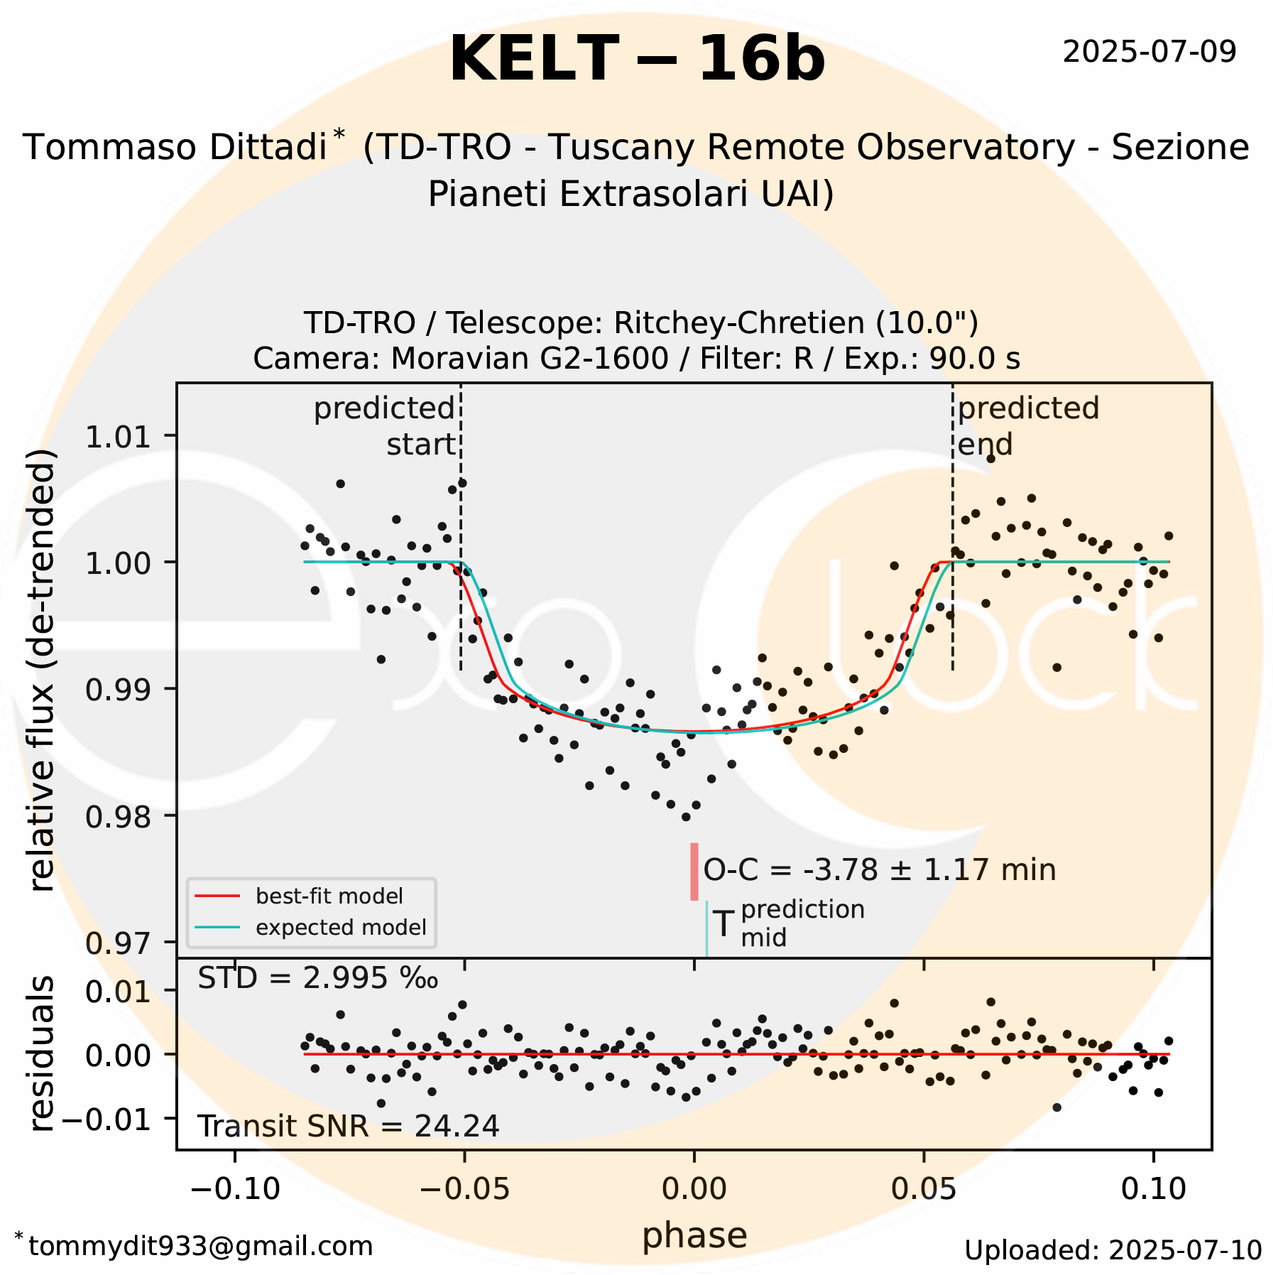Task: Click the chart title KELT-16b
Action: click(x=637, y=60)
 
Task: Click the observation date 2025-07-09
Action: click(x=1149, y=52)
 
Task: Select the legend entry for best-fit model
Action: click(x=329, y=896)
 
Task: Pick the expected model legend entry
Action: click(x=341, y=927)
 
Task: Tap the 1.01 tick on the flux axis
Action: click(x=118, y=436)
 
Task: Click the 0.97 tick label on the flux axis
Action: click(x=118, y=943)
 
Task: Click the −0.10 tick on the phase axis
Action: click(x=236, y=1188)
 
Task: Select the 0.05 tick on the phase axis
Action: click(x=924, y=1188)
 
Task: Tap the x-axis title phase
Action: click(x=694, y=1235)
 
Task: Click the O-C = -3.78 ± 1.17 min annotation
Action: click(x=879, y=870)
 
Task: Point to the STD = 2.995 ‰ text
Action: click(x=317, y=978)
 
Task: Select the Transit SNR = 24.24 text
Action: click(x=348, y=1126)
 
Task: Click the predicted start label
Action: click(x=386, y=426)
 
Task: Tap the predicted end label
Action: click(x=1027, y=426)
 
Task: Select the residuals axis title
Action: click(x=42, y=1053)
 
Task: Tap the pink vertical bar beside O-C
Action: click(x=694, y=871)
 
